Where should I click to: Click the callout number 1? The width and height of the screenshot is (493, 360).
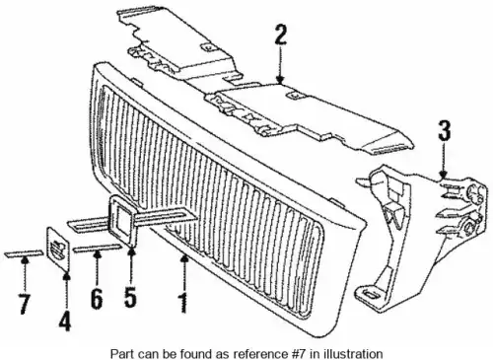[x=183, y=303]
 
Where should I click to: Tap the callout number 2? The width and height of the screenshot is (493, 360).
[x=280, y=35]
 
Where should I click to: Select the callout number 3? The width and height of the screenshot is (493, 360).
[x=445, y=130]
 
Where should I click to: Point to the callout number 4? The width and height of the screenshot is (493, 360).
[x=65, y=321]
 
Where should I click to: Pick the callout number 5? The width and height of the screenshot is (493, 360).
[x=130, y=297]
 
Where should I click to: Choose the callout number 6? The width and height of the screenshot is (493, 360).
[x=97, y=299]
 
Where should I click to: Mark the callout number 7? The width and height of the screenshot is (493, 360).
[x=24, y=304]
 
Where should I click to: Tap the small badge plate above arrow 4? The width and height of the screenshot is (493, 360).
[x=58, y=250]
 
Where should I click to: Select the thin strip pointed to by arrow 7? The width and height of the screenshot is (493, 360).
[x=24, y=253]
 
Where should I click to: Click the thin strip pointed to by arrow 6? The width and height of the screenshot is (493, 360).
[x=98, y=249]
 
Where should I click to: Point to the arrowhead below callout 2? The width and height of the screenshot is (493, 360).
[x=280, y=80]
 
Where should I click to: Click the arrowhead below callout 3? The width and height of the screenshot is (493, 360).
[x=444, y=175]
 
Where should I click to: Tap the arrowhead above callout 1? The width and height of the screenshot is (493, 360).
[x=184, y=259]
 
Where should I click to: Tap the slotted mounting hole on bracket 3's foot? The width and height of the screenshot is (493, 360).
[x=369, y=295]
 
